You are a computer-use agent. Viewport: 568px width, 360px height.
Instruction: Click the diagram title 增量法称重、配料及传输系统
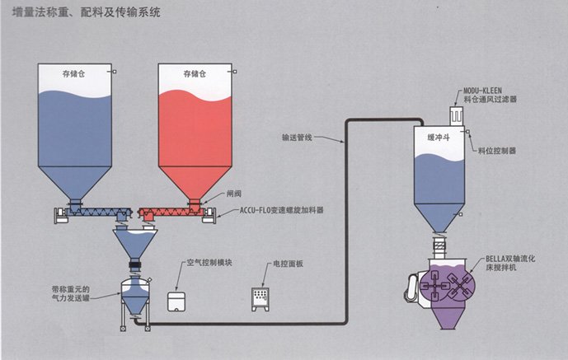tap(87, 14)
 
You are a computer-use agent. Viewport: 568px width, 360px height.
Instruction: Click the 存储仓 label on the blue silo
tap(73, 74)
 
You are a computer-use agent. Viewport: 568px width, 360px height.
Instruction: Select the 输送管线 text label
tap(298, 138)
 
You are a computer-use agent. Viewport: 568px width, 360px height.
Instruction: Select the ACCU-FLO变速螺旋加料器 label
tap(280, 212)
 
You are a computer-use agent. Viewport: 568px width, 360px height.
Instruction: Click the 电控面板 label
tap(288, 266)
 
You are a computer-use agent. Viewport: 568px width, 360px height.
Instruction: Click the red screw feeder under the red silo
tap(173, 213)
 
